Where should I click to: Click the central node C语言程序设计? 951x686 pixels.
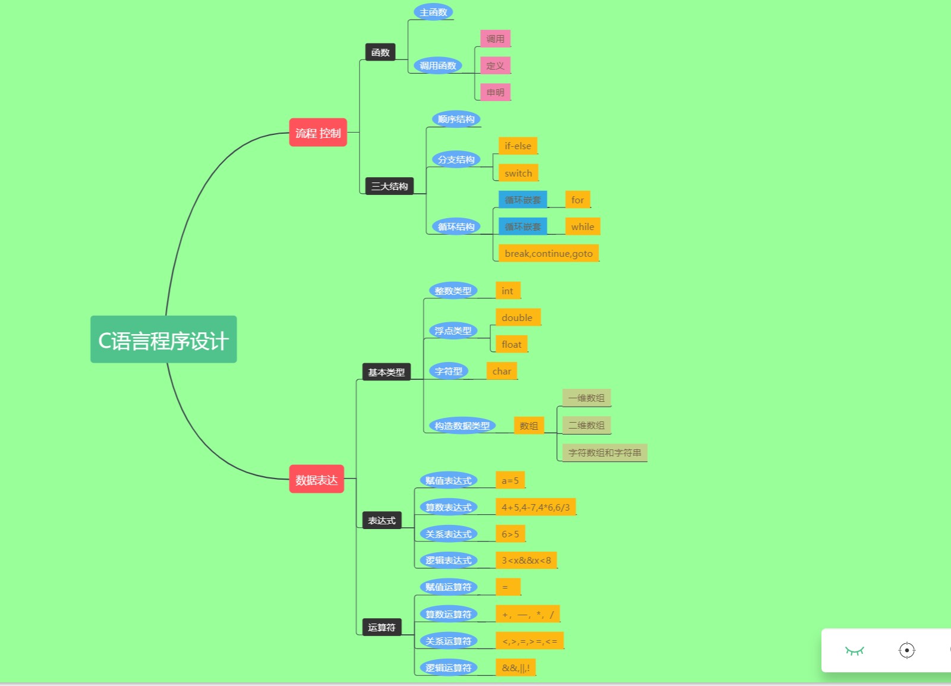[x=163, y=339]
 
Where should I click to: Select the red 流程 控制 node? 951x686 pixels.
[x=318, y=133]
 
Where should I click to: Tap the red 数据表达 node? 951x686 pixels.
[x=316, y=479]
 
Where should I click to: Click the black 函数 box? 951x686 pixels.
[x=380, y=52]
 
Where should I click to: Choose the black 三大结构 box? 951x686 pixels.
[x=389, y=186]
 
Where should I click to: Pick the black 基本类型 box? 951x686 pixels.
[x=386, y=372]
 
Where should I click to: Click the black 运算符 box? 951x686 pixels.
[x=382, y=627]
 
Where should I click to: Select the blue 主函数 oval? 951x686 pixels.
[x=433, y=12]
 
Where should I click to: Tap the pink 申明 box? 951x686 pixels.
[x=495, y=92]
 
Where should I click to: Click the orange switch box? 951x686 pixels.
[x=518, y=173]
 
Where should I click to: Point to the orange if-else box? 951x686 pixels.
[x=518, y=146]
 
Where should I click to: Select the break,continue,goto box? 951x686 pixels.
[x=549, y=253]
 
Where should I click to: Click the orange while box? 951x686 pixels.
[x=582, y=226]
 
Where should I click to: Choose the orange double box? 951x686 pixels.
[x=517, y=317]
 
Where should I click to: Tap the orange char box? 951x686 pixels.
[x=502, y=371]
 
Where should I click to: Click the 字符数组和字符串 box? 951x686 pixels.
[x=604, y=452]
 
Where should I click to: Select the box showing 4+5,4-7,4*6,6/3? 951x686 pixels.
[x=536, y=507]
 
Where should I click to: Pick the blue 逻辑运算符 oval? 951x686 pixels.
[x=448, y=668]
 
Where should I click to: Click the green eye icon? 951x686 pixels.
[x=854, y=650]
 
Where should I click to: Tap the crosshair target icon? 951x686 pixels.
[x=906, y=650]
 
